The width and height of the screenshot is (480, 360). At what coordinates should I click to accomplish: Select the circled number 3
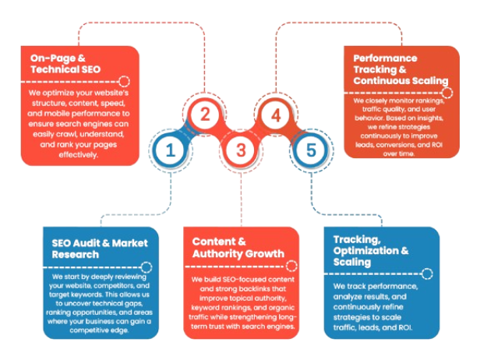click(x=241, y=149)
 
